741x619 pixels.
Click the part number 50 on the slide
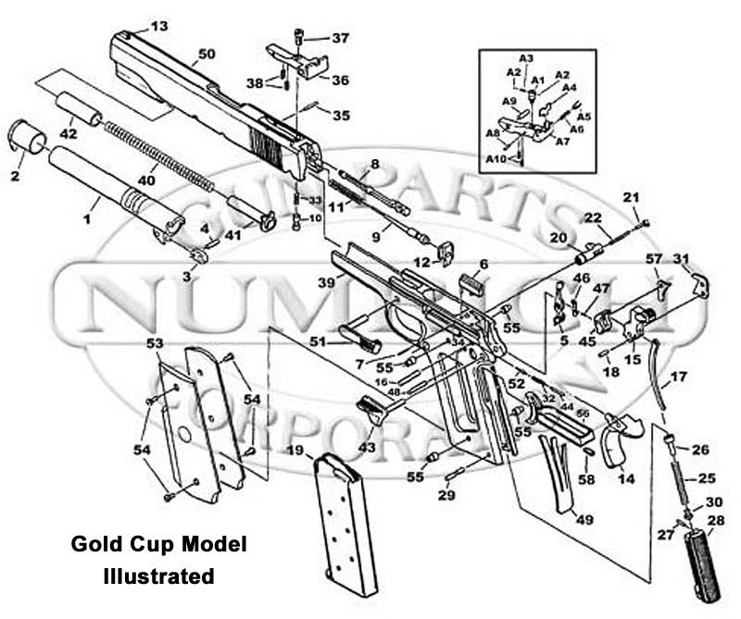coord(206,56)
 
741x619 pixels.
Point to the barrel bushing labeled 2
coord(28,139)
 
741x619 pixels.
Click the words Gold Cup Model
coord(159,545)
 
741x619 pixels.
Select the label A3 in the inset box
coord(526,58)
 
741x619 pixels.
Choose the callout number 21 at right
coord(631,197)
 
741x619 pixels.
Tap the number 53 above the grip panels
coord(156,343)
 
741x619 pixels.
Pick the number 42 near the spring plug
coord(69,132)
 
